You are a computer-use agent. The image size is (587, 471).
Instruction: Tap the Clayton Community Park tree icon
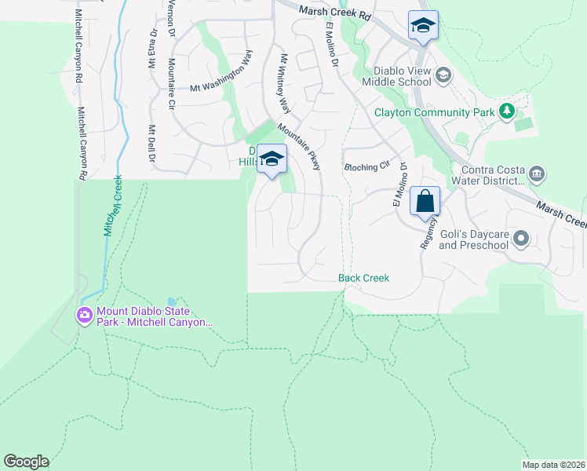pos(508,111)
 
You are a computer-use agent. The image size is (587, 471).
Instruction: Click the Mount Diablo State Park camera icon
pos(84,316)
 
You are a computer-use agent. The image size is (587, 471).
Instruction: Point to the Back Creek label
pos(363,278)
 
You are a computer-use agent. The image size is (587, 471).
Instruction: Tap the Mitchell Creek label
pos(113,206)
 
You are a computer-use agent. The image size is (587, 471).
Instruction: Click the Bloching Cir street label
pos(367,167)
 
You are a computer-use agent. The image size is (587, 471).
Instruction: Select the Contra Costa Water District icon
pos(537,173)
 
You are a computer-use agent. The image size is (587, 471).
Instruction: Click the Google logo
pos(26,462)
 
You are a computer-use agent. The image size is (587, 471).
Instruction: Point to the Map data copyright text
pos(552,464)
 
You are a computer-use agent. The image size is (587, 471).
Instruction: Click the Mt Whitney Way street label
pos(284,84)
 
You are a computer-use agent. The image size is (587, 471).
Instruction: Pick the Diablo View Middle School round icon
pos(443,75)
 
